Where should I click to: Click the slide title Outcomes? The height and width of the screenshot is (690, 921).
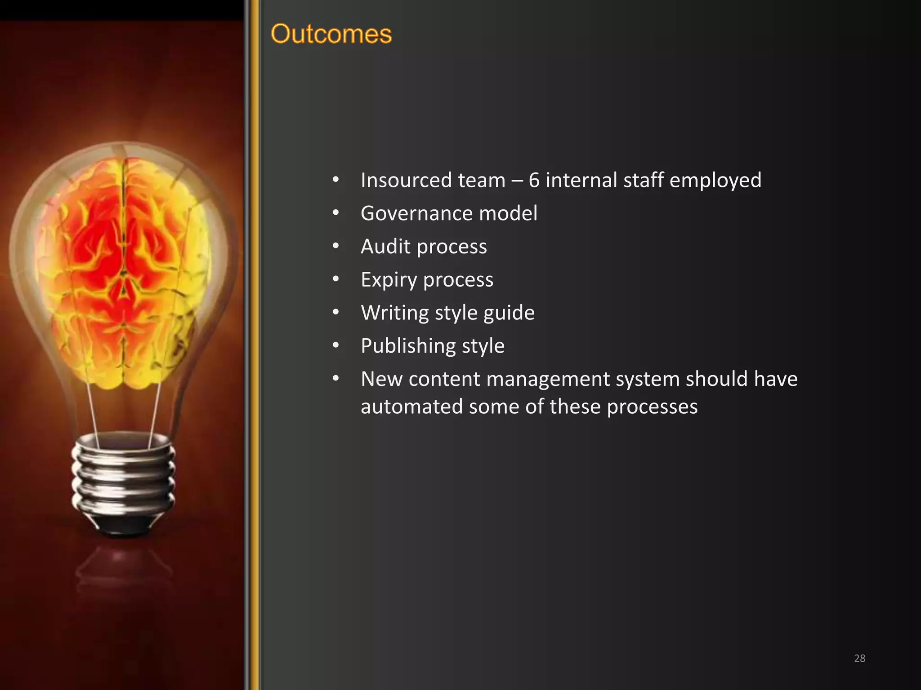331,34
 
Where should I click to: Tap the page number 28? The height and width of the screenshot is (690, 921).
859,658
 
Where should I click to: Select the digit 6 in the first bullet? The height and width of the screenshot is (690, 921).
534,181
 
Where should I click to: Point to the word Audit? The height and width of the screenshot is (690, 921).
385,247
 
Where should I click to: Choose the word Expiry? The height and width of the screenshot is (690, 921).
389,280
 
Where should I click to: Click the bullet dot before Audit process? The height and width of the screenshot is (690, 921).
335,246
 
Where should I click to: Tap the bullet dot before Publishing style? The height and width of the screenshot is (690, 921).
335,345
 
